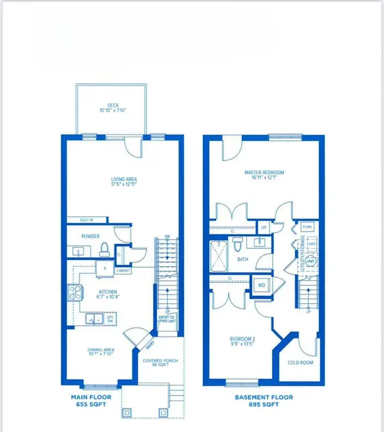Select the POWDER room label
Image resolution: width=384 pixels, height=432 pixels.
[x=90, y=236]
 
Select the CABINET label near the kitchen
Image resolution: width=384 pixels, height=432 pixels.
[x=124, y=271]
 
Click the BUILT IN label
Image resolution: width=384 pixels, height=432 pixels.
[x=86, y=220]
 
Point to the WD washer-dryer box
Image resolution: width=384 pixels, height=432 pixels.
[x=262, y=285]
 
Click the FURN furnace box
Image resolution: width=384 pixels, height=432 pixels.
[x=307, y=227]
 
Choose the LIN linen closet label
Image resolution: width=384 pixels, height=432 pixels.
[x=263, y=227]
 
